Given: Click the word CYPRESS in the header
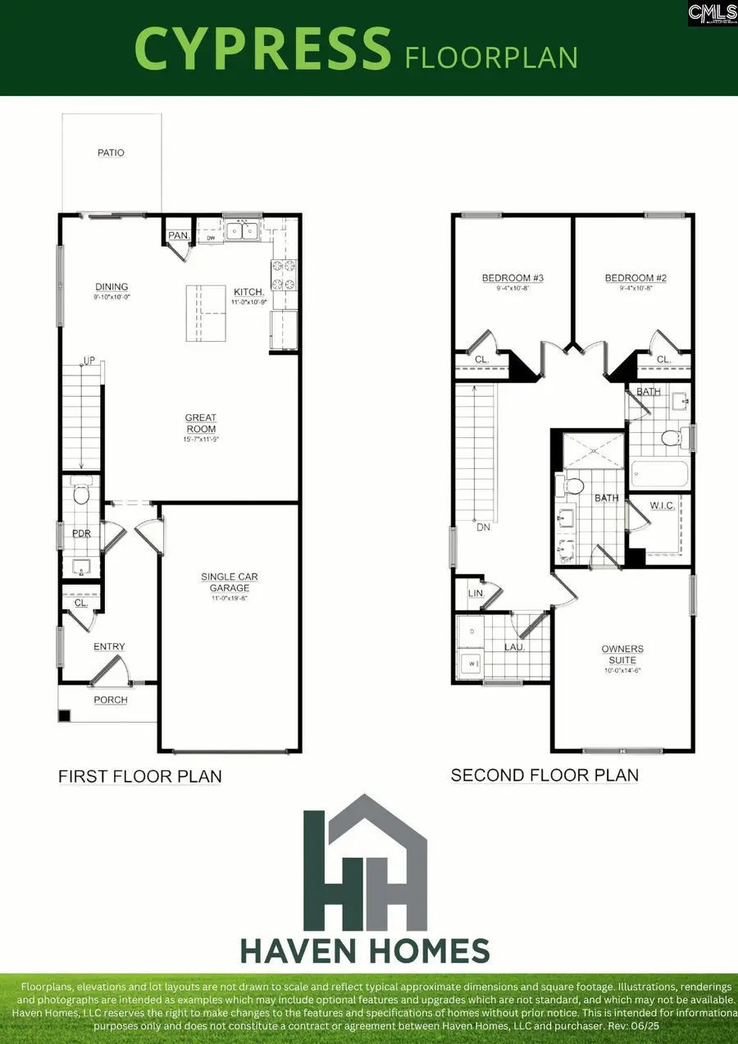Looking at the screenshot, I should pos(262,48).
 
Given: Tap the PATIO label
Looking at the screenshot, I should pos(111,153).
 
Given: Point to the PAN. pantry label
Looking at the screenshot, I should pos(178,236).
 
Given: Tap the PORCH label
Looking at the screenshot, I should pos(111,700).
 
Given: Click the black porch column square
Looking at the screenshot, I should pos(64,715).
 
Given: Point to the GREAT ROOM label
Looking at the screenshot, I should pos(201,423).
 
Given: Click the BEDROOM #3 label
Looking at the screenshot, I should pos(512,279).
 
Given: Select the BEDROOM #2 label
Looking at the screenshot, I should pos(635,279).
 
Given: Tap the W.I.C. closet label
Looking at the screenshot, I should pos(662,506).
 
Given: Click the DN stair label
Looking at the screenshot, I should pos(483,527).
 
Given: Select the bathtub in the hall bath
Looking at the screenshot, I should pos(660,476).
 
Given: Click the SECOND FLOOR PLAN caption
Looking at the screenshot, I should pos(544,775).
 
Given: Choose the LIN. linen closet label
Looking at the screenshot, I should pos(475,593).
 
